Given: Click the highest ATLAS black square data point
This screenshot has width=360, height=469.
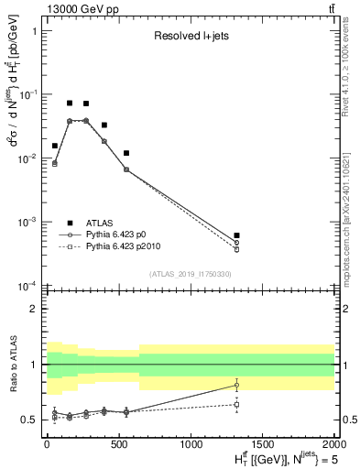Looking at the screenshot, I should tap(70, 103).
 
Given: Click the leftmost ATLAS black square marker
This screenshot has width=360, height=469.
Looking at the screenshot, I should tap(55, 146).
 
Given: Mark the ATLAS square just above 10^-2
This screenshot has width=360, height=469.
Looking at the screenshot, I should tap(126, 153).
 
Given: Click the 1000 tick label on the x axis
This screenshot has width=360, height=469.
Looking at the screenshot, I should tap(191, 443).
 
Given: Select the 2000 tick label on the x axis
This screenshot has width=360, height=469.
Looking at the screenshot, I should tap(333, 443).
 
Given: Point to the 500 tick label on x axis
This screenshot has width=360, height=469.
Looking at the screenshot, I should tap(118, 443).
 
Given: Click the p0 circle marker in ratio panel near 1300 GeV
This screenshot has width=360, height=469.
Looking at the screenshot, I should tap(236, 385).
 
